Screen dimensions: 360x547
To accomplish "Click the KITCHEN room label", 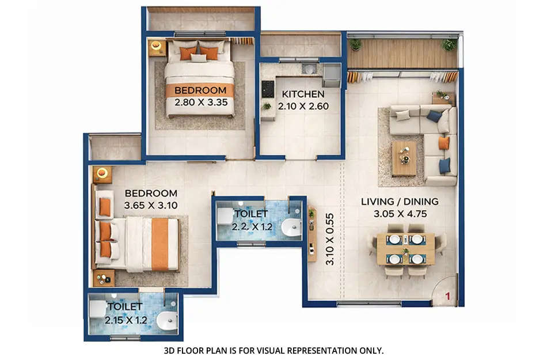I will click(302, 94).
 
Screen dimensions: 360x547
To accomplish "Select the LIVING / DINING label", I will click(400, 202).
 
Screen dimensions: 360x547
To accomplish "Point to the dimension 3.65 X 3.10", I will click(151, 205).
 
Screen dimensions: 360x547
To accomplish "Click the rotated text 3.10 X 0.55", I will click(329, 238).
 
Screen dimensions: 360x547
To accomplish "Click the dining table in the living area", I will click(405, 248).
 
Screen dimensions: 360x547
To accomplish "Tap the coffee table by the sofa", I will click(404, 157).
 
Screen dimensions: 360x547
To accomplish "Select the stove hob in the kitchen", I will click(268, 89).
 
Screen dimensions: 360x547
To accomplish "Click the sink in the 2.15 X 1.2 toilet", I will click(167, 320).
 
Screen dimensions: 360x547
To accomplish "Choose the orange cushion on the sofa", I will click(443, 143).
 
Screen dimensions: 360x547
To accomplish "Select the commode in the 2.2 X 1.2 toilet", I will click(224, 217).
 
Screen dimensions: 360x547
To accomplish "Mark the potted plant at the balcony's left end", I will click(356, 44).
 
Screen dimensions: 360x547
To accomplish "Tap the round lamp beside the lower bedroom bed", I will click(102, 172).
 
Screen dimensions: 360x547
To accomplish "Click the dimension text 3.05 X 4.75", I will click(400, 213).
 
